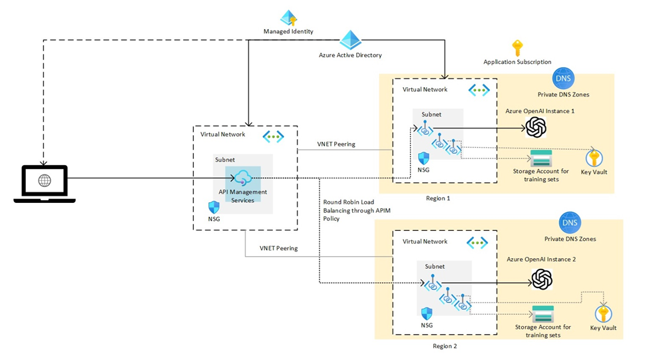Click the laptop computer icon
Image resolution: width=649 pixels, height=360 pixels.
pos(44,183)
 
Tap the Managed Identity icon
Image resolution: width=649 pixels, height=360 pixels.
pos(288,18)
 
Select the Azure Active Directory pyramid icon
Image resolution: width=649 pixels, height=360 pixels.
pos(350,40)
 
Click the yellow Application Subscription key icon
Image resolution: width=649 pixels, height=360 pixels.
pos(517,48)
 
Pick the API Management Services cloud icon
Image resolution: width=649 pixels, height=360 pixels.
pos(242,178)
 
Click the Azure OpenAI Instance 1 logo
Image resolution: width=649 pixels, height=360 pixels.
pos(536,126)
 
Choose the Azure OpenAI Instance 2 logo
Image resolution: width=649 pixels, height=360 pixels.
pos(542,279)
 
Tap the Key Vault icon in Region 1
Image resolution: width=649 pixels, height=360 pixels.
pos(594,158)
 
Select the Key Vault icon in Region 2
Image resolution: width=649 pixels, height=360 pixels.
pos(603,313)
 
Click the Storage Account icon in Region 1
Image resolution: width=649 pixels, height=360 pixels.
pos(541,158)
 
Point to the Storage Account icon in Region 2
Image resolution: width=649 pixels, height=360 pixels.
pos(542,313)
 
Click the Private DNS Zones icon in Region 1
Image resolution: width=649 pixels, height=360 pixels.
pos(562,79)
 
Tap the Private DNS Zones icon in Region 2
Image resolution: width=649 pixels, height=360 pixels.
pos(570,223)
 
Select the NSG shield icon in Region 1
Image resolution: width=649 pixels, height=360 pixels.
pos(423,158)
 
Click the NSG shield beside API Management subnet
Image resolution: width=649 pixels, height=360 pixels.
pos(214,207)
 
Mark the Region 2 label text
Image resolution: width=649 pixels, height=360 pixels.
pos(444,346)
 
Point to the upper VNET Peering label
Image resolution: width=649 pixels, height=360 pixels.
pos(336,144)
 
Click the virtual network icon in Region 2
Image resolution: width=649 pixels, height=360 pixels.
pos(477,243)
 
